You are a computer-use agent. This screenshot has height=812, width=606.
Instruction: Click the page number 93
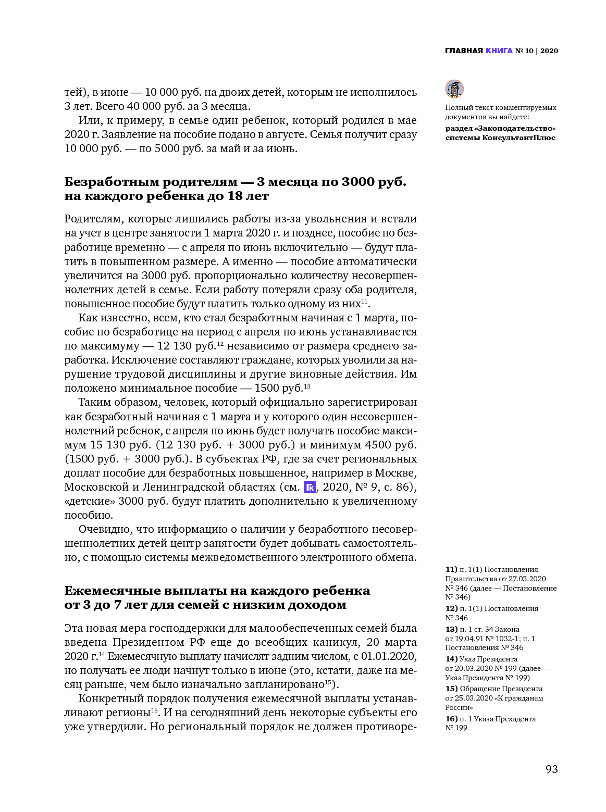(x=551, y=769)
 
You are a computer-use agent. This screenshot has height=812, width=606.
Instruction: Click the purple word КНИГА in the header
(x=499, y=51)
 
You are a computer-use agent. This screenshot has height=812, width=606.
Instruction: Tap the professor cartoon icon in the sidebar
(x=454, y=89)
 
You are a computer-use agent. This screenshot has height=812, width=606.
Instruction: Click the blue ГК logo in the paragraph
(x=310, y=488)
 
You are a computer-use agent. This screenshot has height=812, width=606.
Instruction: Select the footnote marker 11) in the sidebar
(x=451, y=569)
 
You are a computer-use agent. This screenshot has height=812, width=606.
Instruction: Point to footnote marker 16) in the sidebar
(x=451, y=719)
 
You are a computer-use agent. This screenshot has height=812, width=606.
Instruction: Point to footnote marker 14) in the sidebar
(x=451, y=659)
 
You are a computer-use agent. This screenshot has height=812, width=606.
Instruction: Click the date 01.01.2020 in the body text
(x=388, y=656)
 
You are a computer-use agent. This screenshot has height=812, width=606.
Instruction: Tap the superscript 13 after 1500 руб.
(x=307, y=386)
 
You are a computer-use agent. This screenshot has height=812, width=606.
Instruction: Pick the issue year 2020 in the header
(x=549, y=51)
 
